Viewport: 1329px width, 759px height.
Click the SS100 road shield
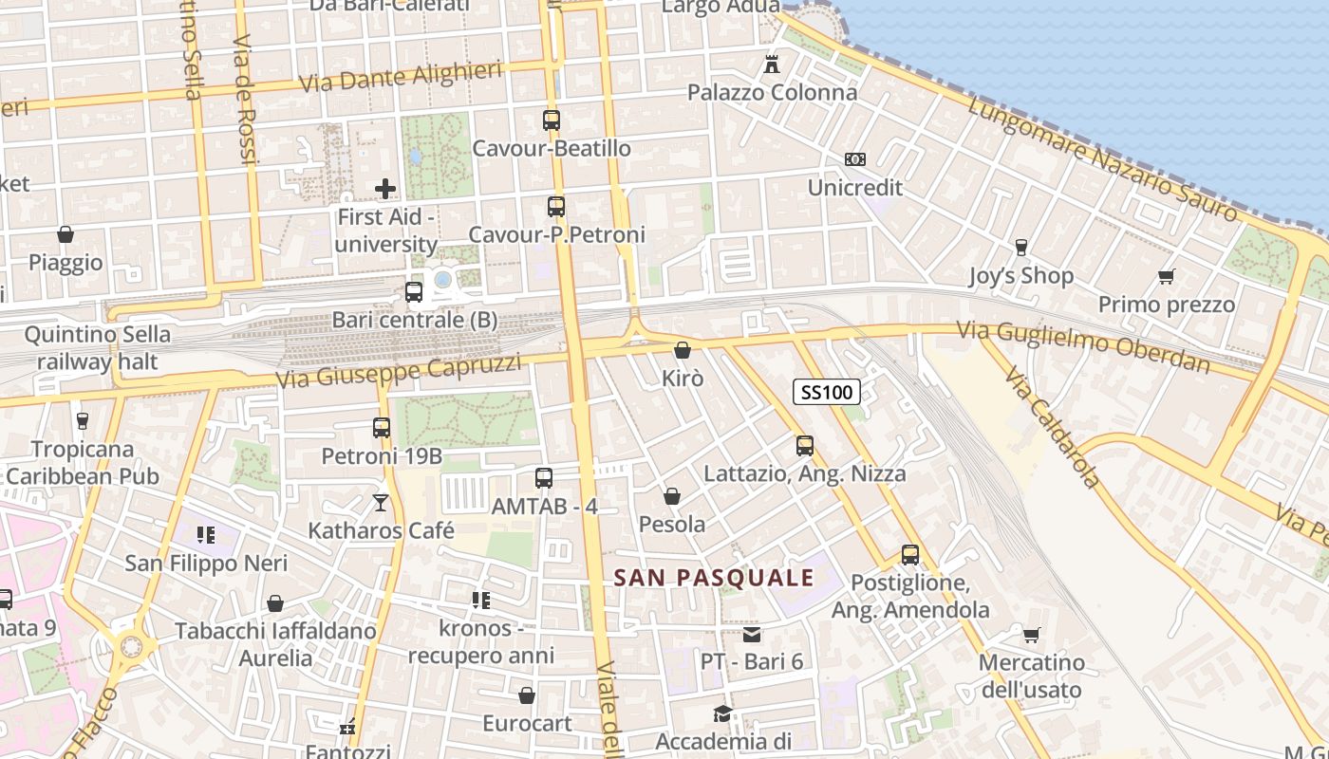tap(827, 391)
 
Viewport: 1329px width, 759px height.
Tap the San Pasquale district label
tap(714, 578)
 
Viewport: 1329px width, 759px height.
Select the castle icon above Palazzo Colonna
tap(772, 65)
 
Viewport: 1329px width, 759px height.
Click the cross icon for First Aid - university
tap(385, 189)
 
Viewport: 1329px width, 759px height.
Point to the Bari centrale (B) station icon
tap(414, 292)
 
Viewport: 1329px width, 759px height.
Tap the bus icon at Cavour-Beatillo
tap(552, 120)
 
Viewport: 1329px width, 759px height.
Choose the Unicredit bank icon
tap(855, 159)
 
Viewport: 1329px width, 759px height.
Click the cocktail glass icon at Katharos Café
tap(381, 502)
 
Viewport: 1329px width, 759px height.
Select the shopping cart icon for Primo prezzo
tap(1166, 276)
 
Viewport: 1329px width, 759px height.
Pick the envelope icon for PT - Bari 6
tap(752, 634)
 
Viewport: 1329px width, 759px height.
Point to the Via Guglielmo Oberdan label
tap(1083, 346)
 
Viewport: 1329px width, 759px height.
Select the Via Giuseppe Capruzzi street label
tap(399, 371)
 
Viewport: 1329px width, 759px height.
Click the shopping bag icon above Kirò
tap(682, 350)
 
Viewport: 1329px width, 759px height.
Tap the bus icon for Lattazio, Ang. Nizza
tap(805, 445)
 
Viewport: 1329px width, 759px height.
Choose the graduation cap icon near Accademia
tap(722, 713)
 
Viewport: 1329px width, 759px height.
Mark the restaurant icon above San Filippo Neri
tap(206, 535)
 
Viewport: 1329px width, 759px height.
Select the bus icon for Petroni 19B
tap(382, 428)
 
